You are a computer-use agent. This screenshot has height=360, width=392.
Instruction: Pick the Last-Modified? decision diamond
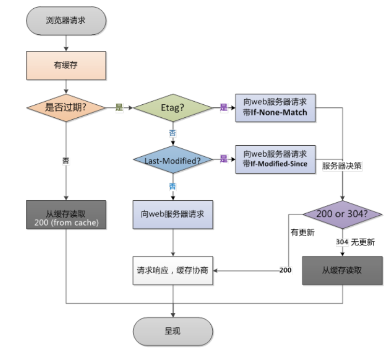173,160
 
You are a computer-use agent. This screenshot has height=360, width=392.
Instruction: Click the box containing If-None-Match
275,107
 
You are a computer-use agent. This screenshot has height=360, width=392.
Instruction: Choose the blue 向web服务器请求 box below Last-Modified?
172,214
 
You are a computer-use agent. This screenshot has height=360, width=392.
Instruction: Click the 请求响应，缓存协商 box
172,270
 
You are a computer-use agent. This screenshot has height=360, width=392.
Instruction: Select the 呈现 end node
172,331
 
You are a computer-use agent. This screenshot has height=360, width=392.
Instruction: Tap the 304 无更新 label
355,242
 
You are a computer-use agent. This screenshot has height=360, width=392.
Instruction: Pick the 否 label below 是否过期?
66,161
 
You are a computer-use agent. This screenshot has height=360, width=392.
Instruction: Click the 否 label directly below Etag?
173,133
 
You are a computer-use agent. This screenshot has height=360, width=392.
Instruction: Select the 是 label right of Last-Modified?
224,159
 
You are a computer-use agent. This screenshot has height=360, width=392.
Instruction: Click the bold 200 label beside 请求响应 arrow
285,270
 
